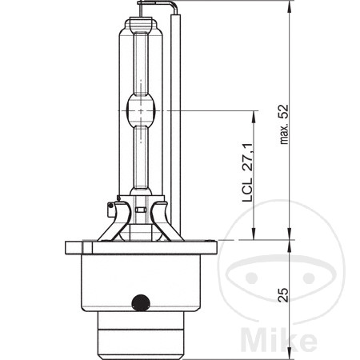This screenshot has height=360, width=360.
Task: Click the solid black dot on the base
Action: click(141, 302)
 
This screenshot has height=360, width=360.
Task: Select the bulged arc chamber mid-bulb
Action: click(140, 109)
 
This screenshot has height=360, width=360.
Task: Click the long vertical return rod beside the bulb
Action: click(179, 112)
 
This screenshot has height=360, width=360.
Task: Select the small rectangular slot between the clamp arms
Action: click(141, 212)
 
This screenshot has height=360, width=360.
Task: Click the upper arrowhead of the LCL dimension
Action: click(254, 114)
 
